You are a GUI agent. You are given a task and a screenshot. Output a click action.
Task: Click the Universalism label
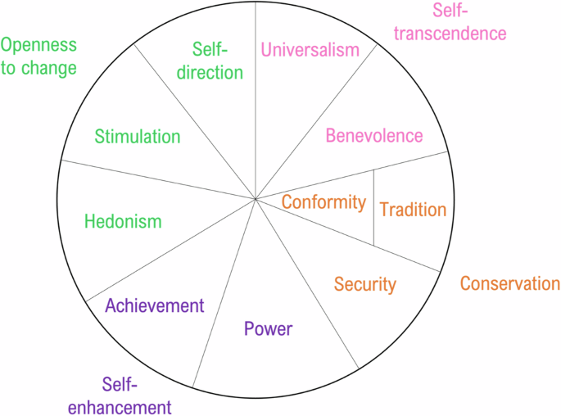310,50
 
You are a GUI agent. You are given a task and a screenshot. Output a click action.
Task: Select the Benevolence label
374,136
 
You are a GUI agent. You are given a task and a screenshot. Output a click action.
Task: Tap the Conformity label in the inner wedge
323,201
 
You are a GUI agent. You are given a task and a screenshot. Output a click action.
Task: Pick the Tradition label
413,210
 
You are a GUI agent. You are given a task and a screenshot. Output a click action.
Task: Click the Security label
364,285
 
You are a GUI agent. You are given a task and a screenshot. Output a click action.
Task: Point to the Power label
268,329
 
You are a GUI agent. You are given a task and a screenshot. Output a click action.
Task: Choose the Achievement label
155,305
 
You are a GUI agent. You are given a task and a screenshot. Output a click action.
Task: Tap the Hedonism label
123,221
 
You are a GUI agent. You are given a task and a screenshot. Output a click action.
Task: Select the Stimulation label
137,137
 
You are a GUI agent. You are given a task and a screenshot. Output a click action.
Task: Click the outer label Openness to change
38,56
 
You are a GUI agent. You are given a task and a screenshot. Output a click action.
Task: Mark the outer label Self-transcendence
468,22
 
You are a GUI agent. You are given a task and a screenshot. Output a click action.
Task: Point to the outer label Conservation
509,284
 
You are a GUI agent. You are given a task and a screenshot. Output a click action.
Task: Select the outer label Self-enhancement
119,396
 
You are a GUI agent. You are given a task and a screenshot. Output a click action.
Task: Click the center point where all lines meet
256,198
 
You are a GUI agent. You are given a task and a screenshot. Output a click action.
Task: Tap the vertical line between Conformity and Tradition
374,209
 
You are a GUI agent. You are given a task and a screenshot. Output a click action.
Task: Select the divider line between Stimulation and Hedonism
156,179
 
